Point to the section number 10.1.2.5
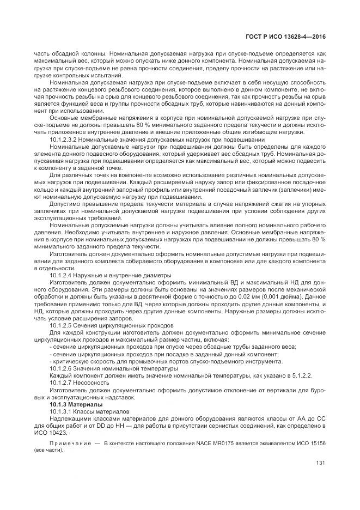[62, 325]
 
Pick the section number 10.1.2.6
[62, 368]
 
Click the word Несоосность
[93, 382]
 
